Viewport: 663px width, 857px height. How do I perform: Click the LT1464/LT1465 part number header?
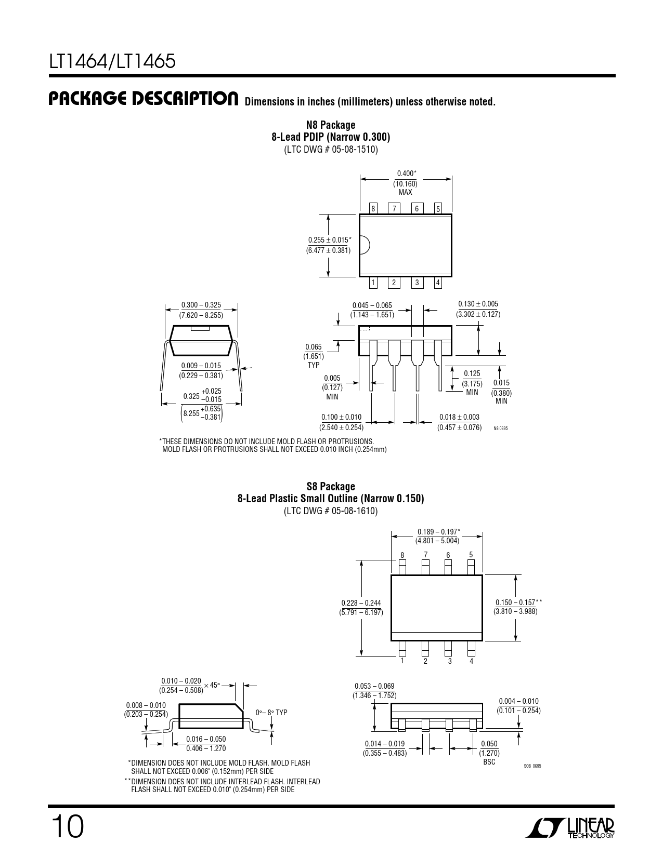pyautogui.click(x=112, y=61)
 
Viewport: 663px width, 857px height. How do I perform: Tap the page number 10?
pyautogui.click(x=68, y=827)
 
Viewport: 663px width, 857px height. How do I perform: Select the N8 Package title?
pyautogui.click(x=331, y=125)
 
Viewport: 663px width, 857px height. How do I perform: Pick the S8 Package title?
pyautogui.click(x=331, y=486)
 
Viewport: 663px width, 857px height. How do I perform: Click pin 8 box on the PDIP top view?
pyautogui.click(x=373, y=209)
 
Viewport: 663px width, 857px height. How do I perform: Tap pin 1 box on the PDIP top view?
pyautogui.click(x=373, y=283)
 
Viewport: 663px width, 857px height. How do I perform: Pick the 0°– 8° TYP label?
pyautogui.click(x=271, y=713)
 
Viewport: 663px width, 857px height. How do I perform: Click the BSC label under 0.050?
pyautogui.click(x=489, y=762)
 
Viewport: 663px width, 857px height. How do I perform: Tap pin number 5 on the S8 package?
pyautogui.click(x=471, y=555)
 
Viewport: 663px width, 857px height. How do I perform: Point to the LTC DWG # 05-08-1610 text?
pyautogui.click(x=331, y=511)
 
